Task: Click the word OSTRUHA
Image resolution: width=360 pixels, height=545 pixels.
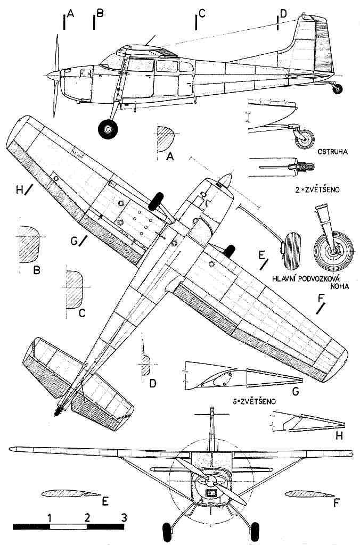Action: click(332, 152)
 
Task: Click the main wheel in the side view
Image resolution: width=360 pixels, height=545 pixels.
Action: click(108, 129)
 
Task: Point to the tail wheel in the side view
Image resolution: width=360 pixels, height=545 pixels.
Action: click(337, 89)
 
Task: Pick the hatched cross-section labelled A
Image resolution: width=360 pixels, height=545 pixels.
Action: click(165, 139)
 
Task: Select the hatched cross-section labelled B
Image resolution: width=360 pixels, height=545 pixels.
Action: click(29, 244)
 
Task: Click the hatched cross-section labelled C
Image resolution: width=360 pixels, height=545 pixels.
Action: click(74, 290)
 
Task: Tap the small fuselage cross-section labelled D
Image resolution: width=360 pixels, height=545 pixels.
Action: click(145, 365)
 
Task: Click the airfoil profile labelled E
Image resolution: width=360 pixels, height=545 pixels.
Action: click(70, 493)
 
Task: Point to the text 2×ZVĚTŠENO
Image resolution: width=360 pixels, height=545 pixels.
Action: click(316, 190)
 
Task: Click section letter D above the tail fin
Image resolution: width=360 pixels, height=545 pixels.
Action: click(283, 13)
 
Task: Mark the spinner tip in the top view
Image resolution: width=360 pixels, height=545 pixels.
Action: click(228, 175)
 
